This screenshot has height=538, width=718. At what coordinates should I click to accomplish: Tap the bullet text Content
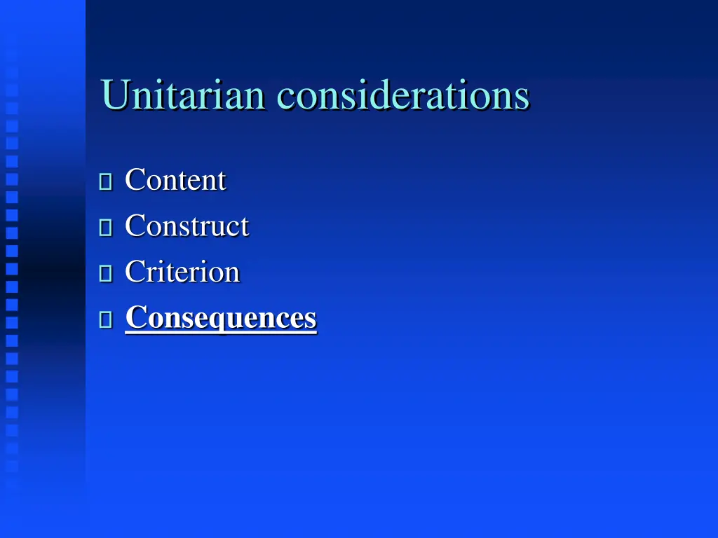click(x=175, y=180)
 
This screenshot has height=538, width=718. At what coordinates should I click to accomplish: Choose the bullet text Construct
click(x=187, y=226)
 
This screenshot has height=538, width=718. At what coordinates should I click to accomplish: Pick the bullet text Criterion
click(x=182, y=272)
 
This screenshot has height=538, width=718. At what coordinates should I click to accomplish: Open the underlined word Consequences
click(x=221, y=317)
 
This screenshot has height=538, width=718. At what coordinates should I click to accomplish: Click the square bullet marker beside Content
click(x=106, y=182)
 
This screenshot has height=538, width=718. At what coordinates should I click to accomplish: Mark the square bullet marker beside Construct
click(x=106, y=228)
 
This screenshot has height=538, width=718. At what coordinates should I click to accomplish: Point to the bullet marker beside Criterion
click(x=106, y=274)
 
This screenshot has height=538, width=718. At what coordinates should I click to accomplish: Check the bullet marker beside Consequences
click(x=106, y=320)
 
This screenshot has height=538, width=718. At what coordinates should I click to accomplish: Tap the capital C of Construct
click(x=134, y=226)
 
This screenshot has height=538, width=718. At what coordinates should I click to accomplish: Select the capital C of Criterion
click(x=134, y=272)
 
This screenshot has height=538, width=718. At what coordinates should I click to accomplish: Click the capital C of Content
click(x=134, y=180)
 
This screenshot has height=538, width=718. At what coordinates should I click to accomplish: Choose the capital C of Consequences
click(x=135, y=317)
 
